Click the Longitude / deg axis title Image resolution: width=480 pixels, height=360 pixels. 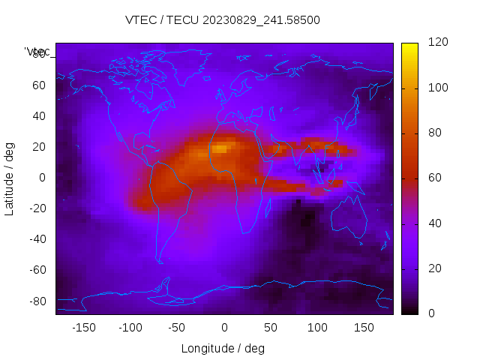[x=223, y=348]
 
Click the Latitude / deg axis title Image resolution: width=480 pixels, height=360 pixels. [x=10, y=178]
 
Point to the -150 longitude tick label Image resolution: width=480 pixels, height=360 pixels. [x=83, y=328]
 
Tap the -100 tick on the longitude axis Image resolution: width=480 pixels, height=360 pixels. [x=130, y=328]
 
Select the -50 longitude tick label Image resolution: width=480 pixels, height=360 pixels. [x=177, y=328]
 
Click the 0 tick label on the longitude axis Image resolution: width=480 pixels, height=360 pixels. [x=224, y=328]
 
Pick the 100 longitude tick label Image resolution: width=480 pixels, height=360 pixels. [x=318, y=328]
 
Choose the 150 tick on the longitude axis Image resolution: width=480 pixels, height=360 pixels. [x=364, y=328]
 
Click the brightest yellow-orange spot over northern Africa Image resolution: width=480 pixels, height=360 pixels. [x=219, y=148]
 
